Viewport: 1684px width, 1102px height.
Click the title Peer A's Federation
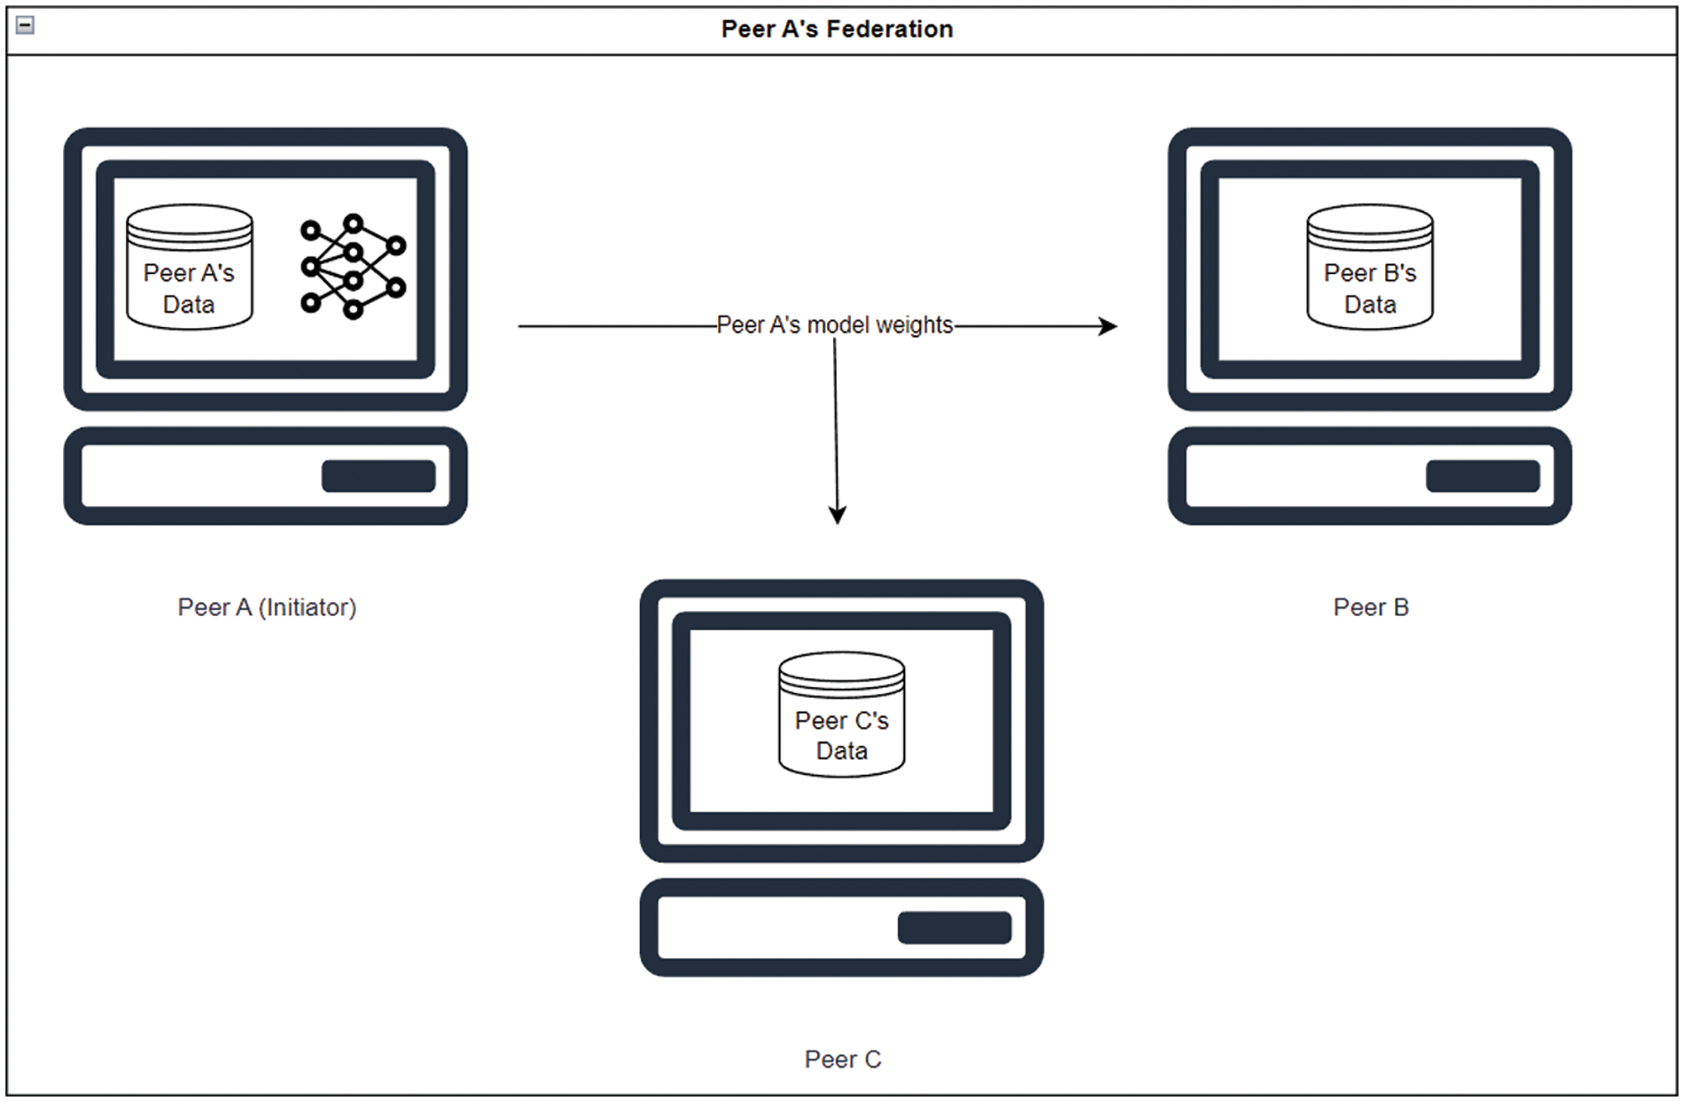(837, 29)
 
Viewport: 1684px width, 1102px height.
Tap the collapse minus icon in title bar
(26, 26)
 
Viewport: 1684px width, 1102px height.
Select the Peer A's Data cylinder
(189, 269)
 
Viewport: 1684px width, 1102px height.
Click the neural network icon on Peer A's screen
(353, 266)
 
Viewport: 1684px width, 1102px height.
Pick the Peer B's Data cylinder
(1369, 269)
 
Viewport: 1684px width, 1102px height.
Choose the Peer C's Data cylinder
(841, 715)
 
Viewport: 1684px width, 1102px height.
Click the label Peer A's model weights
(834, 325)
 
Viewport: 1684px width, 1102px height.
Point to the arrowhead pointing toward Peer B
(1108, 326)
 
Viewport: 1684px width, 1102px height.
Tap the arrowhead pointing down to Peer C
(838, 514)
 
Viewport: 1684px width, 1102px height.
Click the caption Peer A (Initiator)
(267, 607)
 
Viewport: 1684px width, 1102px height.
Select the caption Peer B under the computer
(1370, 607)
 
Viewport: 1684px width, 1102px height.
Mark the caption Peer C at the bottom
(842, 1059)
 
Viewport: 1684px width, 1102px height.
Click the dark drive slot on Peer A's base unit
(378, 476)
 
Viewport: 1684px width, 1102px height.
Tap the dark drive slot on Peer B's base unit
(1482, 476)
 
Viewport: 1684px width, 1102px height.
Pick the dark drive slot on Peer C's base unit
(955, 927)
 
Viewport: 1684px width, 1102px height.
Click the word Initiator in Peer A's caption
(308, 607)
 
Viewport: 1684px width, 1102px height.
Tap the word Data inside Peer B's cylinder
(1369, 305)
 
